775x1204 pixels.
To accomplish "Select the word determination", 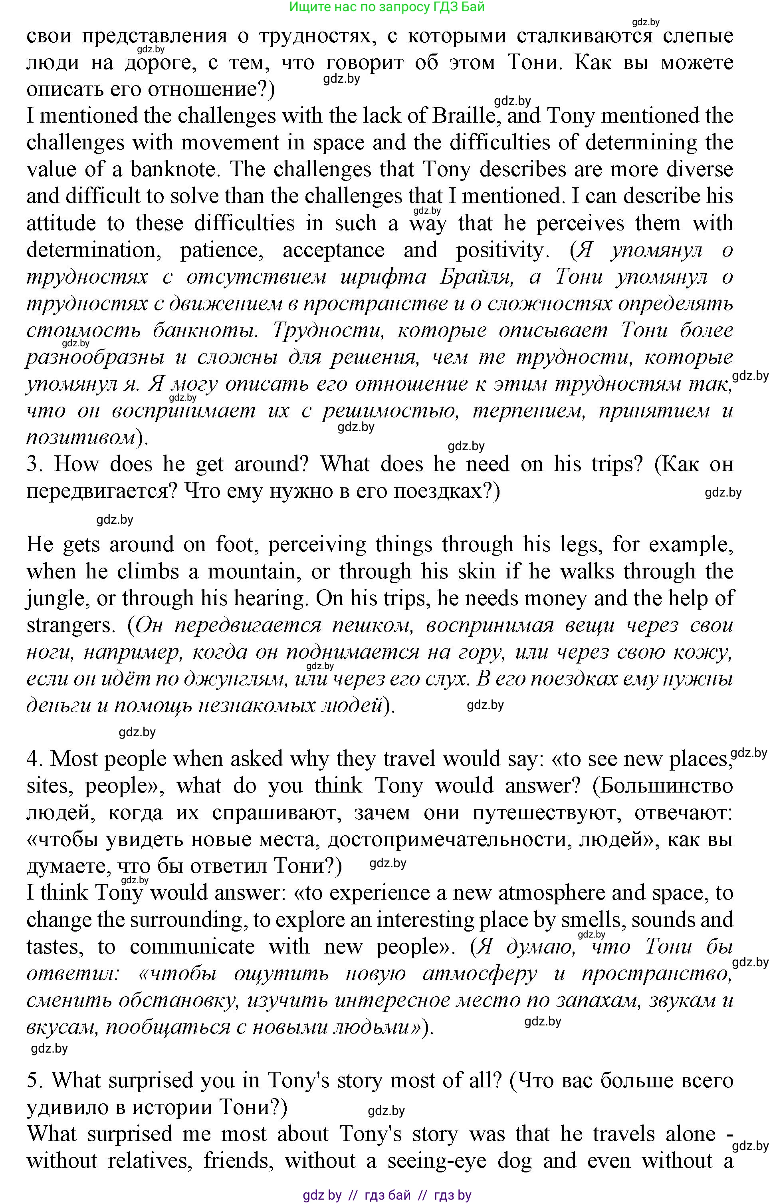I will click(x=93, y=250).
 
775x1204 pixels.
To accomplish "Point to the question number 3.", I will click(x=33, y=463).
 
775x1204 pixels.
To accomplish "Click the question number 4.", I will click(x=33, y=759).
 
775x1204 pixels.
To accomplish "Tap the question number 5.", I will click(x=33, y=1080).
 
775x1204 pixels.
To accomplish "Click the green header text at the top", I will click(x=387, y=7).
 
